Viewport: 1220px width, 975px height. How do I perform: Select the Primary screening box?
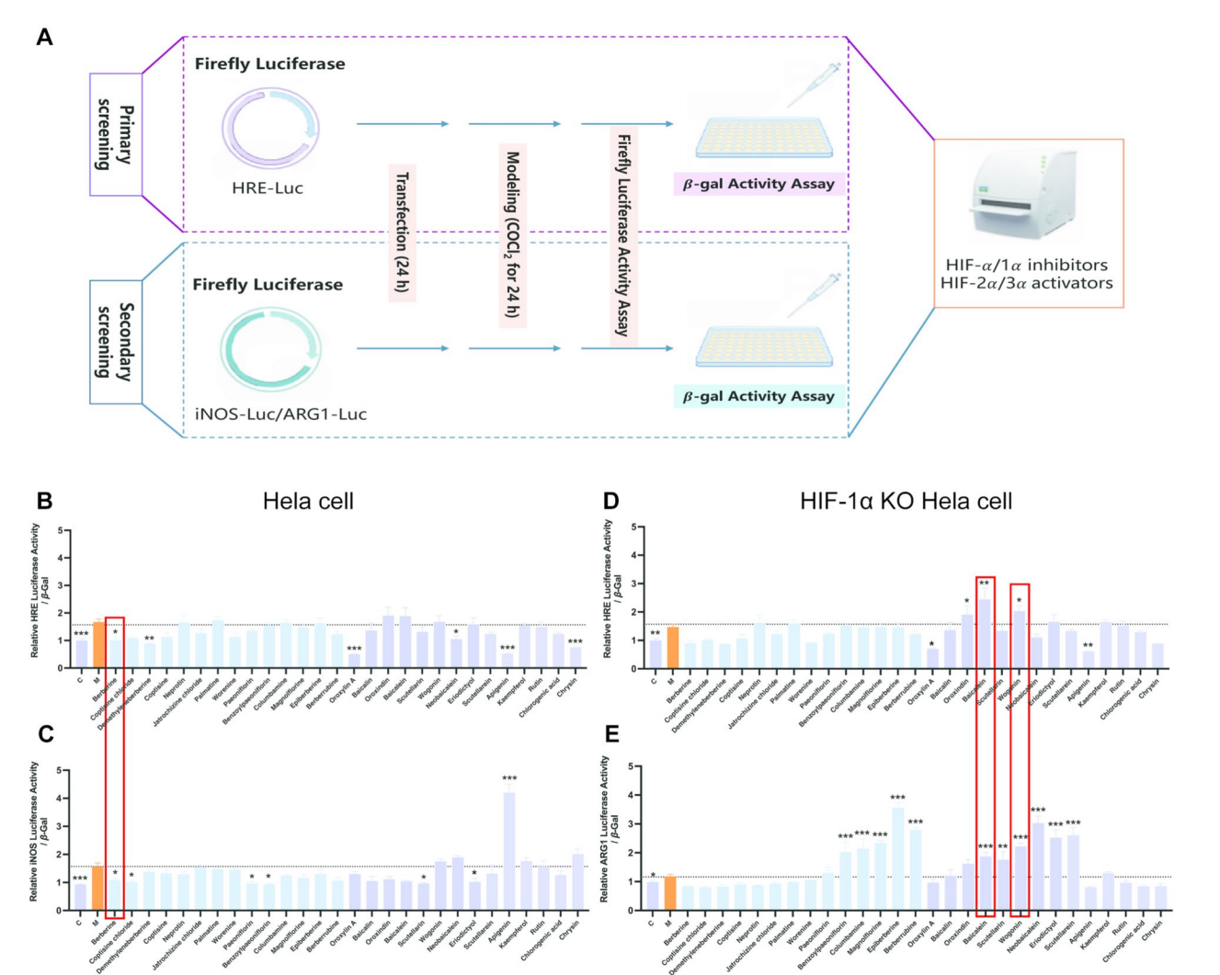click(x=116, y=135)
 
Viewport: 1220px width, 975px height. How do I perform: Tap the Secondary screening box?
click(x=116, y=342)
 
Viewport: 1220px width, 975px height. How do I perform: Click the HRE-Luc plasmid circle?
click(x=269, y=130)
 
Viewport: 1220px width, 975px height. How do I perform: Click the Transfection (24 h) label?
click(x=402, y=232)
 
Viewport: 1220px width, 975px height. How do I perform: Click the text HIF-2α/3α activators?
click(x=1026, y=283)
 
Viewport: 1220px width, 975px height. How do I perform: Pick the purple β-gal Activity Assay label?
click(x=758, y=184)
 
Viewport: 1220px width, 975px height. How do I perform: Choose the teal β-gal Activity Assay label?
click(x=758, y=396)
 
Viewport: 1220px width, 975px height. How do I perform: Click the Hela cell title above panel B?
click(x=308, y=502)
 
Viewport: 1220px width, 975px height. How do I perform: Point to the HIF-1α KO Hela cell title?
click(x=906, y=502)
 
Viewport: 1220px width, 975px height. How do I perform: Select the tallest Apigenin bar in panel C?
click(x=508, y=851)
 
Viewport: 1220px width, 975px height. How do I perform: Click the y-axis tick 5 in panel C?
click(x=60, y=770)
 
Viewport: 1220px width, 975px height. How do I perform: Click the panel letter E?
click(x=610, y=733)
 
